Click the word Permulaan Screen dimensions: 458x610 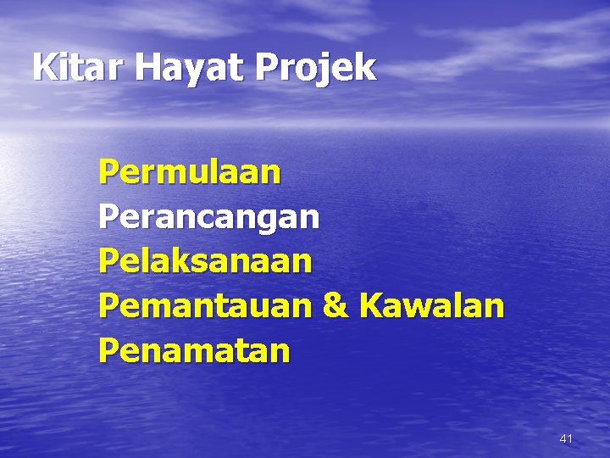pyautogui.click(x=189, y=172)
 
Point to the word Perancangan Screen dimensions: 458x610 pyautogui.click(x=208, y=218)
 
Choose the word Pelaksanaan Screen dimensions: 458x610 pyautogui.click(x=205, y=260)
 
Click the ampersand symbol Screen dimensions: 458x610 pyautogui.click(x=335, y=304)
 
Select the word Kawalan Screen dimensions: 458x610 pyautogui.click(x=431, y=304)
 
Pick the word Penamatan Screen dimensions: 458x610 pyautogui.click(x=194, y=349)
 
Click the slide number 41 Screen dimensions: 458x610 pyautogui.click(x=566, y=438)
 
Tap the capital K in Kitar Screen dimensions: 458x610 pyautogui.click(x=43, y=67)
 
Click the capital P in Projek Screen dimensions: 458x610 pyautogui.click(x=263, y=67)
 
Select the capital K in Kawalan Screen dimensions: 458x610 pyautogui.click(x=369, y=304)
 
